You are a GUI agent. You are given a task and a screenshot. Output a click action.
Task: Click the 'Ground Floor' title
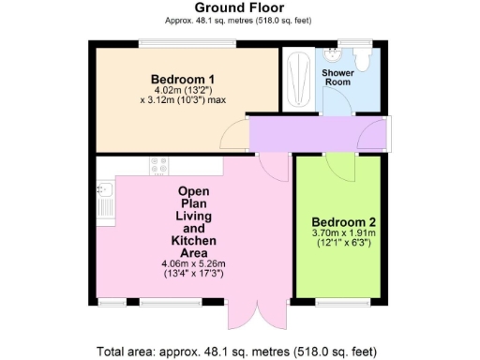(226, 7)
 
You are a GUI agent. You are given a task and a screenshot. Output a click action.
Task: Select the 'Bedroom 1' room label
(184, 78)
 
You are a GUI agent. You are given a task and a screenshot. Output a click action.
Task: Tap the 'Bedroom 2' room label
(344, 222)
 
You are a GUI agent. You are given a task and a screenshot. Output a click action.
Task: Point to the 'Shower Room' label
(337, 78)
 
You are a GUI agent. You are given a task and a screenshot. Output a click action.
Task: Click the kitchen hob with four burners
(157, 165)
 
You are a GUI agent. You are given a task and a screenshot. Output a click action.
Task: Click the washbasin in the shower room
(334, 54)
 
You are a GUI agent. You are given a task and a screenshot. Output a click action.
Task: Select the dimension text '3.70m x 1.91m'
(343, 234)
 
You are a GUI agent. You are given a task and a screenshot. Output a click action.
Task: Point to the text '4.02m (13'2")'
(184, 90)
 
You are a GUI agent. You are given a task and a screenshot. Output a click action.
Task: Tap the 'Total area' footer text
(239, 352)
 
